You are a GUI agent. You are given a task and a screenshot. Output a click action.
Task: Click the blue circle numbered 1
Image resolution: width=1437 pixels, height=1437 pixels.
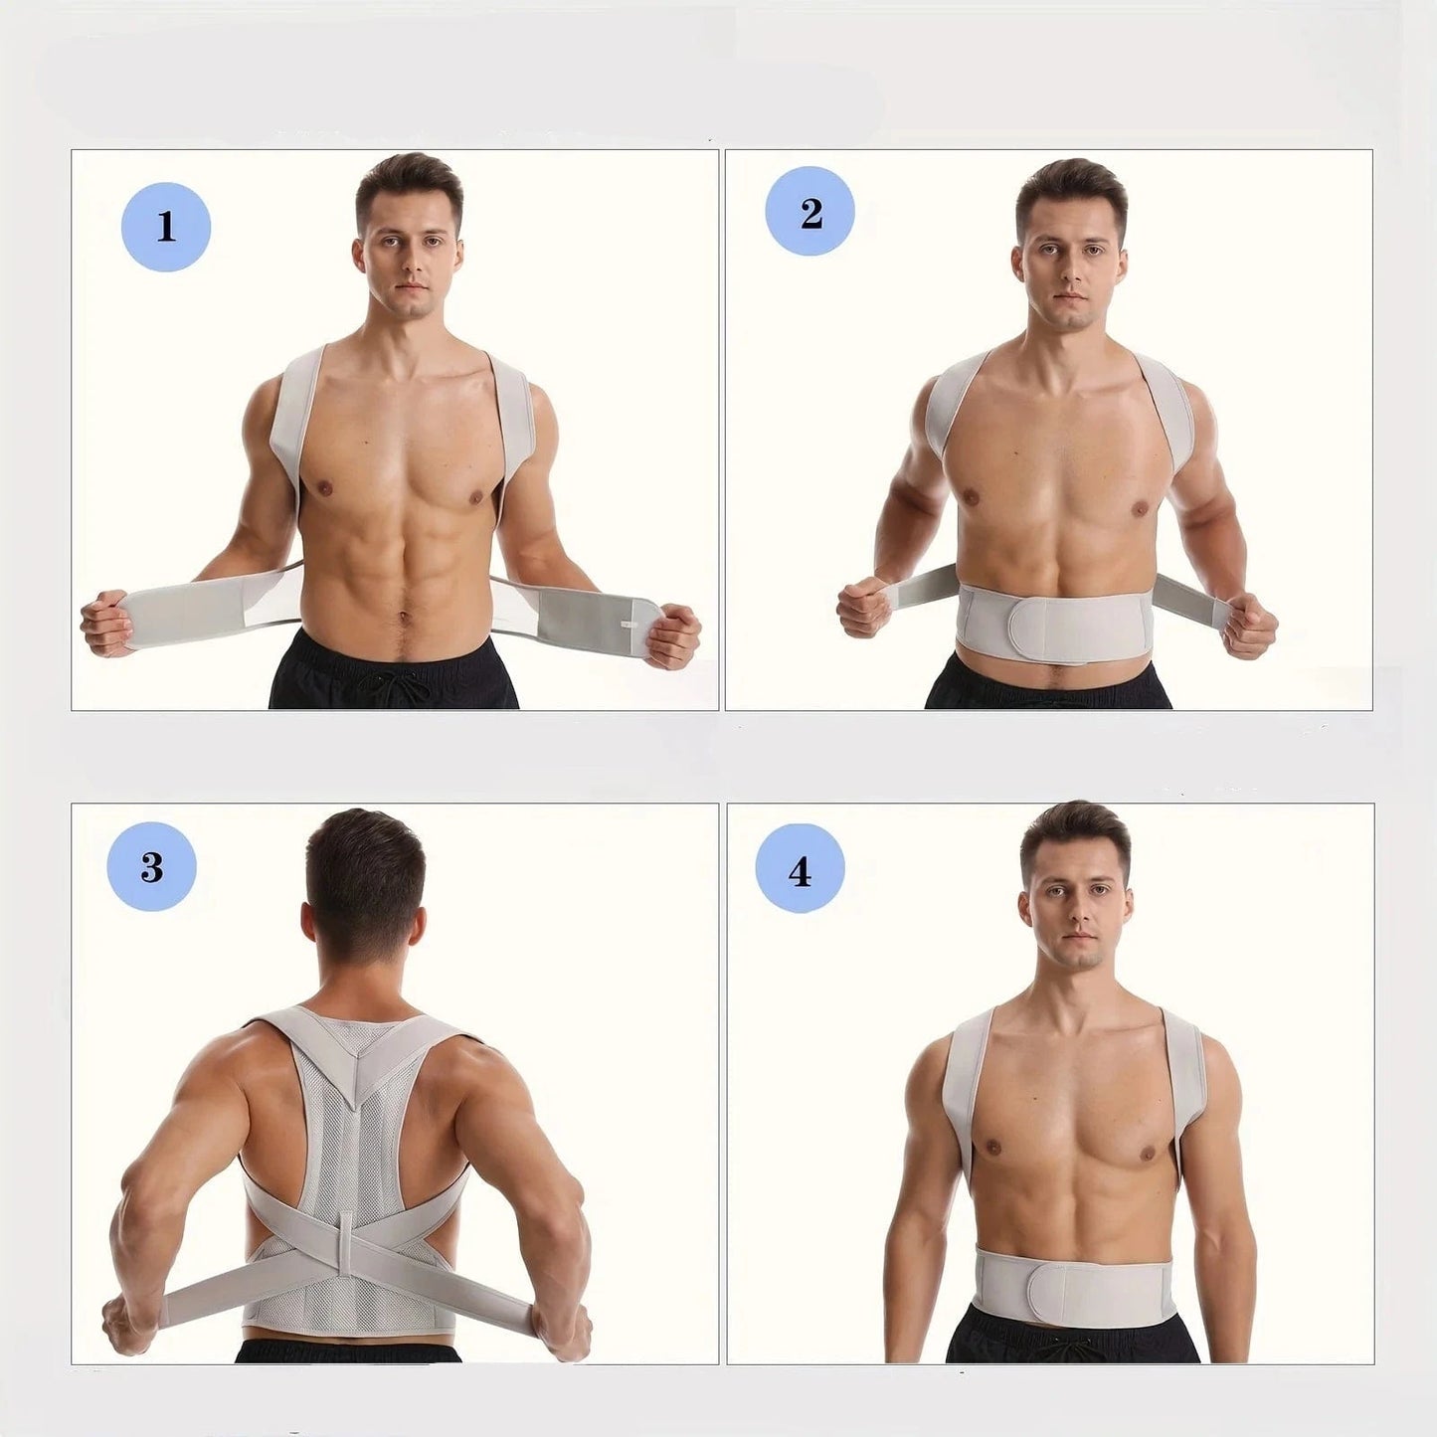click(166, 227)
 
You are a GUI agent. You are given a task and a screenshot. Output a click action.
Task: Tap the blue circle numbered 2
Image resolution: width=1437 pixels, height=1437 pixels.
click(809, 212)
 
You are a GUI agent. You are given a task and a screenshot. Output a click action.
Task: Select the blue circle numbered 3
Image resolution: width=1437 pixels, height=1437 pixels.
click(151, 866)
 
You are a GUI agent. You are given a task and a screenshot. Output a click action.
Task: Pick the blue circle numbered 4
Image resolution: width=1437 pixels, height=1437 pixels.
click(800, 869)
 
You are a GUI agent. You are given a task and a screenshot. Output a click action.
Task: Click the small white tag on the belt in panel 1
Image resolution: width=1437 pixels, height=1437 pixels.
click(628, 626)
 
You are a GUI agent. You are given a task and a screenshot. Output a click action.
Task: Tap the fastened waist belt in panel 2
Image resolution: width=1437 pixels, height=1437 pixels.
click(1052, 618)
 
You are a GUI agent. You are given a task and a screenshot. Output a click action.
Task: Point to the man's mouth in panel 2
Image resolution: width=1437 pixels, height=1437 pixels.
click(1069, 296)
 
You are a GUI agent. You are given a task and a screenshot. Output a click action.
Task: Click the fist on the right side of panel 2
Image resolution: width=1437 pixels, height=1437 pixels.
click(1249, 627)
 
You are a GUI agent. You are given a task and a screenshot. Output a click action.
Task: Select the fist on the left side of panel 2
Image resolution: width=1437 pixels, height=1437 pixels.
click(862, 607)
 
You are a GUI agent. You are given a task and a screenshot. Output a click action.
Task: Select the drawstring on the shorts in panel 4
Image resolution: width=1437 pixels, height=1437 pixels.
click(1077, 1347)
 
